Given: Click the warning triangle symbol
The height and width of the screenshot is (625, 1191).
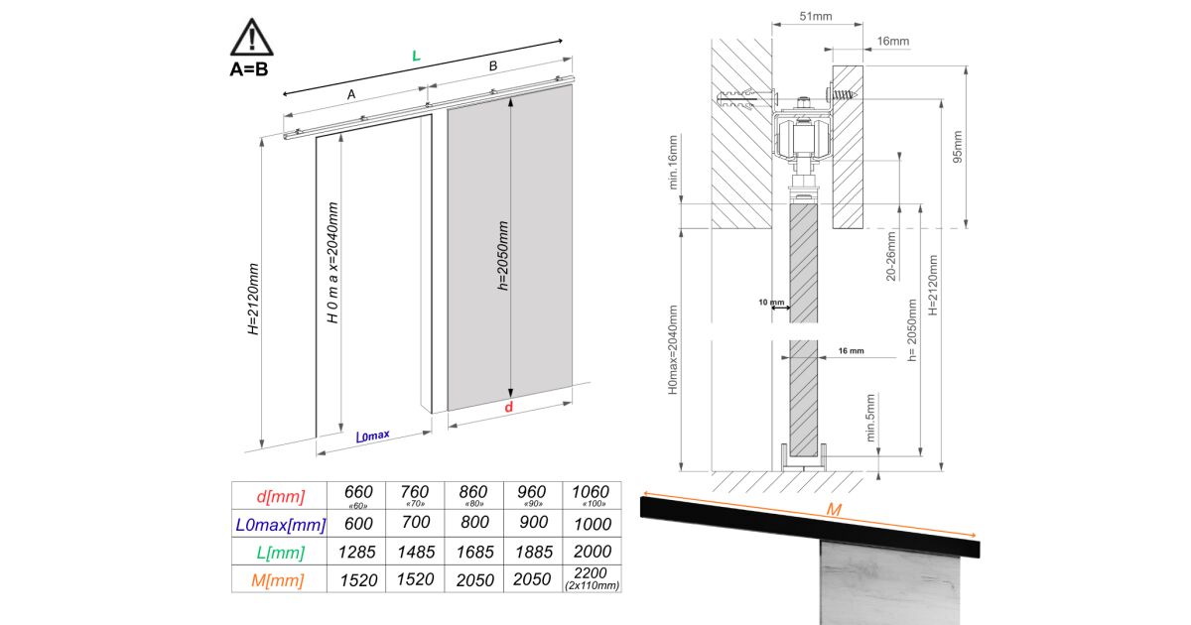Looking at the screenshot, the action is (x=251, y=38).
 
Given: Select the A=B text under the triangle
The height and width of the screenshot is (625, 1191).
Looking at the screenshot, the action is (x=249, y=69).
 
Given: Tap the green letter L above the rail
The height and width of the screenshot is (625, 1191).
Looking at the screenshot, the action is (x=416, y=56).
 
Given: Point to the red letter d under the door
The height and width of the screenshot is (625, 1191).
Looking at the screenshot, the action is (x=509, y=407).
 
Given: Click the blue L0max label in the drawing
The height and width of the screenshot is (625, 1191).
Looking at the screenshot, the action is (x=373, y=436).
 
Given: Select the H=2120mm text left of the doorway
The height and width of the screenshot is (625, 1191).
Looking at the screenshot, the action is (x=254, y=299).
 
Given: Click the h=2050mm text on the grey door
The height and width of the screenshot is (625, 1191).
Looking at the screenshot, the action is (x=502, y=256).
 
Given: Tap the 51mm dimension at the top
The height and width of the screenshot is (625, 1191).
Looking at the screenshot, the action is (x=816, y=17).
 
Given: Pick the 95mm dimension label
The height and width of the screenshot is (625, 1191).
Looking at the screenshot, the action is (x=957, y=147).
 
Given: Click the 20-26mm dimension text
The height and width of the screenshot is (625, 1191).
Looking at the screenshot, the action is (x=891, y=256).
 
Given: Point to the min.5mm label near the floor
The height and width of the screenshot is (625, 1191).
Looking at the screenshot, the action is (x=869, y=418).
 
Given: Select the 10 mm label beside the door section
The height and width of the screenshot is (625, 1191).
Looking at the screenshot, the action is (x=771, y=303).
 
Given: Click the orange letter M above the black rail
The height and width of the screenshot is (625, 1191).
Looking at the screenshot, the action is (x=834, y=510).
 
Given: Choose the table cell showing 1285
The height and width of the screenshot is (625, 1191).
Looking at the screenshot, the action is (x=356, y=553).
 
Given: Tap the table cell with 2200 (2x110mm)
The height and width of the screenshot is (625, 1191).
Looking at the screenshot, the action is (x=592, y=578).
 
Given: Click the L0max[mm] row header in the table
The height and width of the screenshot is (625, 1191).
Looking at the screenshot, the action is (x=280, y=525).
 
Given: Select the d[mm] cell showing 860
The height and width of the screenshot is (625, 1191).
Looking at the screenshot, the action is (x=473, y=496).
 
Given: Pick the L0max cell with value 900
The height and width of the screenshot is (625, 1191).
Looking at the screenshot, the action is (x=533, y=523).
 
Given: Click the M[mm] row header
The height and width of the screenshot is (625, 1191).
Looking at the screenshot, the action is (x=278, y=579).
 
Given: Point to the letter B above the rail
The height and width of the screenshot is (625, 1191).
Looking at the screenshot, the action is (x=493, y=65).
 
